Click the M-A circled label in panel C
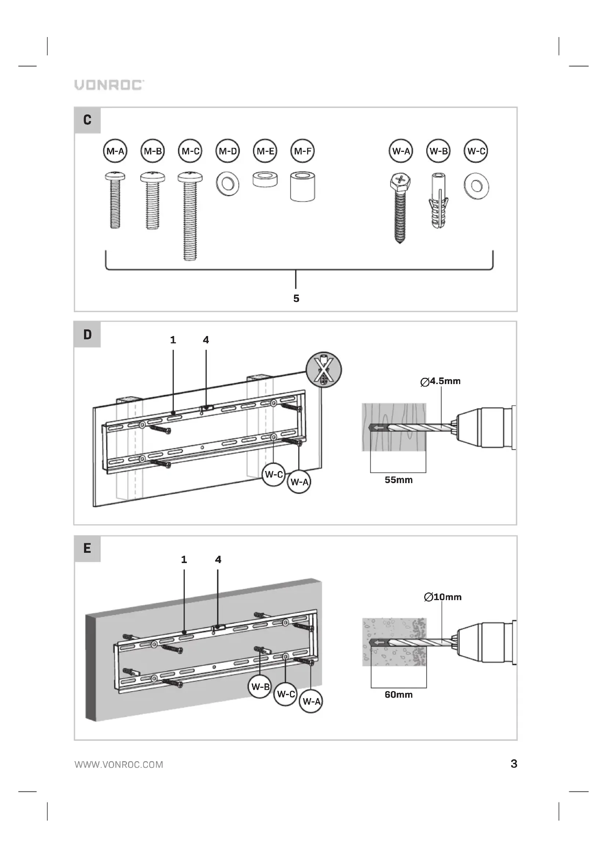(115, 151)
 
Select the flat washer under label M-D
(227, 184)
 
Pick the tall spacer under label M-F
(302, 186)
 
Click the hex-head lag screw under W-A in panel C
(400, 207)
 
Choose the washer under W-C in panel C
(476, 186)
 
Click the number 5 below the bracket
(296, 298)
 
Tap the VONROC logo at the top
(109, 85)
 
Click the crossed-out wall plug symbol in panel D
(324, 370)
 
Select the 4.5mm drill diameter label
(441, 381)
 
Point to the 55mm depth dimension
(399, 480)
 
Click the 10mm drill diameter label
(443, 597)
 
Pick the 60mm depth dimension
(399, 694)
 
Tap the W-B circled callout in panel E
(260, 686)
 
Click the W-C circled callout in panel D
(274, 474)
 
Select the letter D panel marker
(87, 335)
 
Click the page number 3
(514, 763)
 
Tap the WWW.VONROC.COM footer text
(119, 764)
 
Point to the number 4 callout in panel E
(218, 559)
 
